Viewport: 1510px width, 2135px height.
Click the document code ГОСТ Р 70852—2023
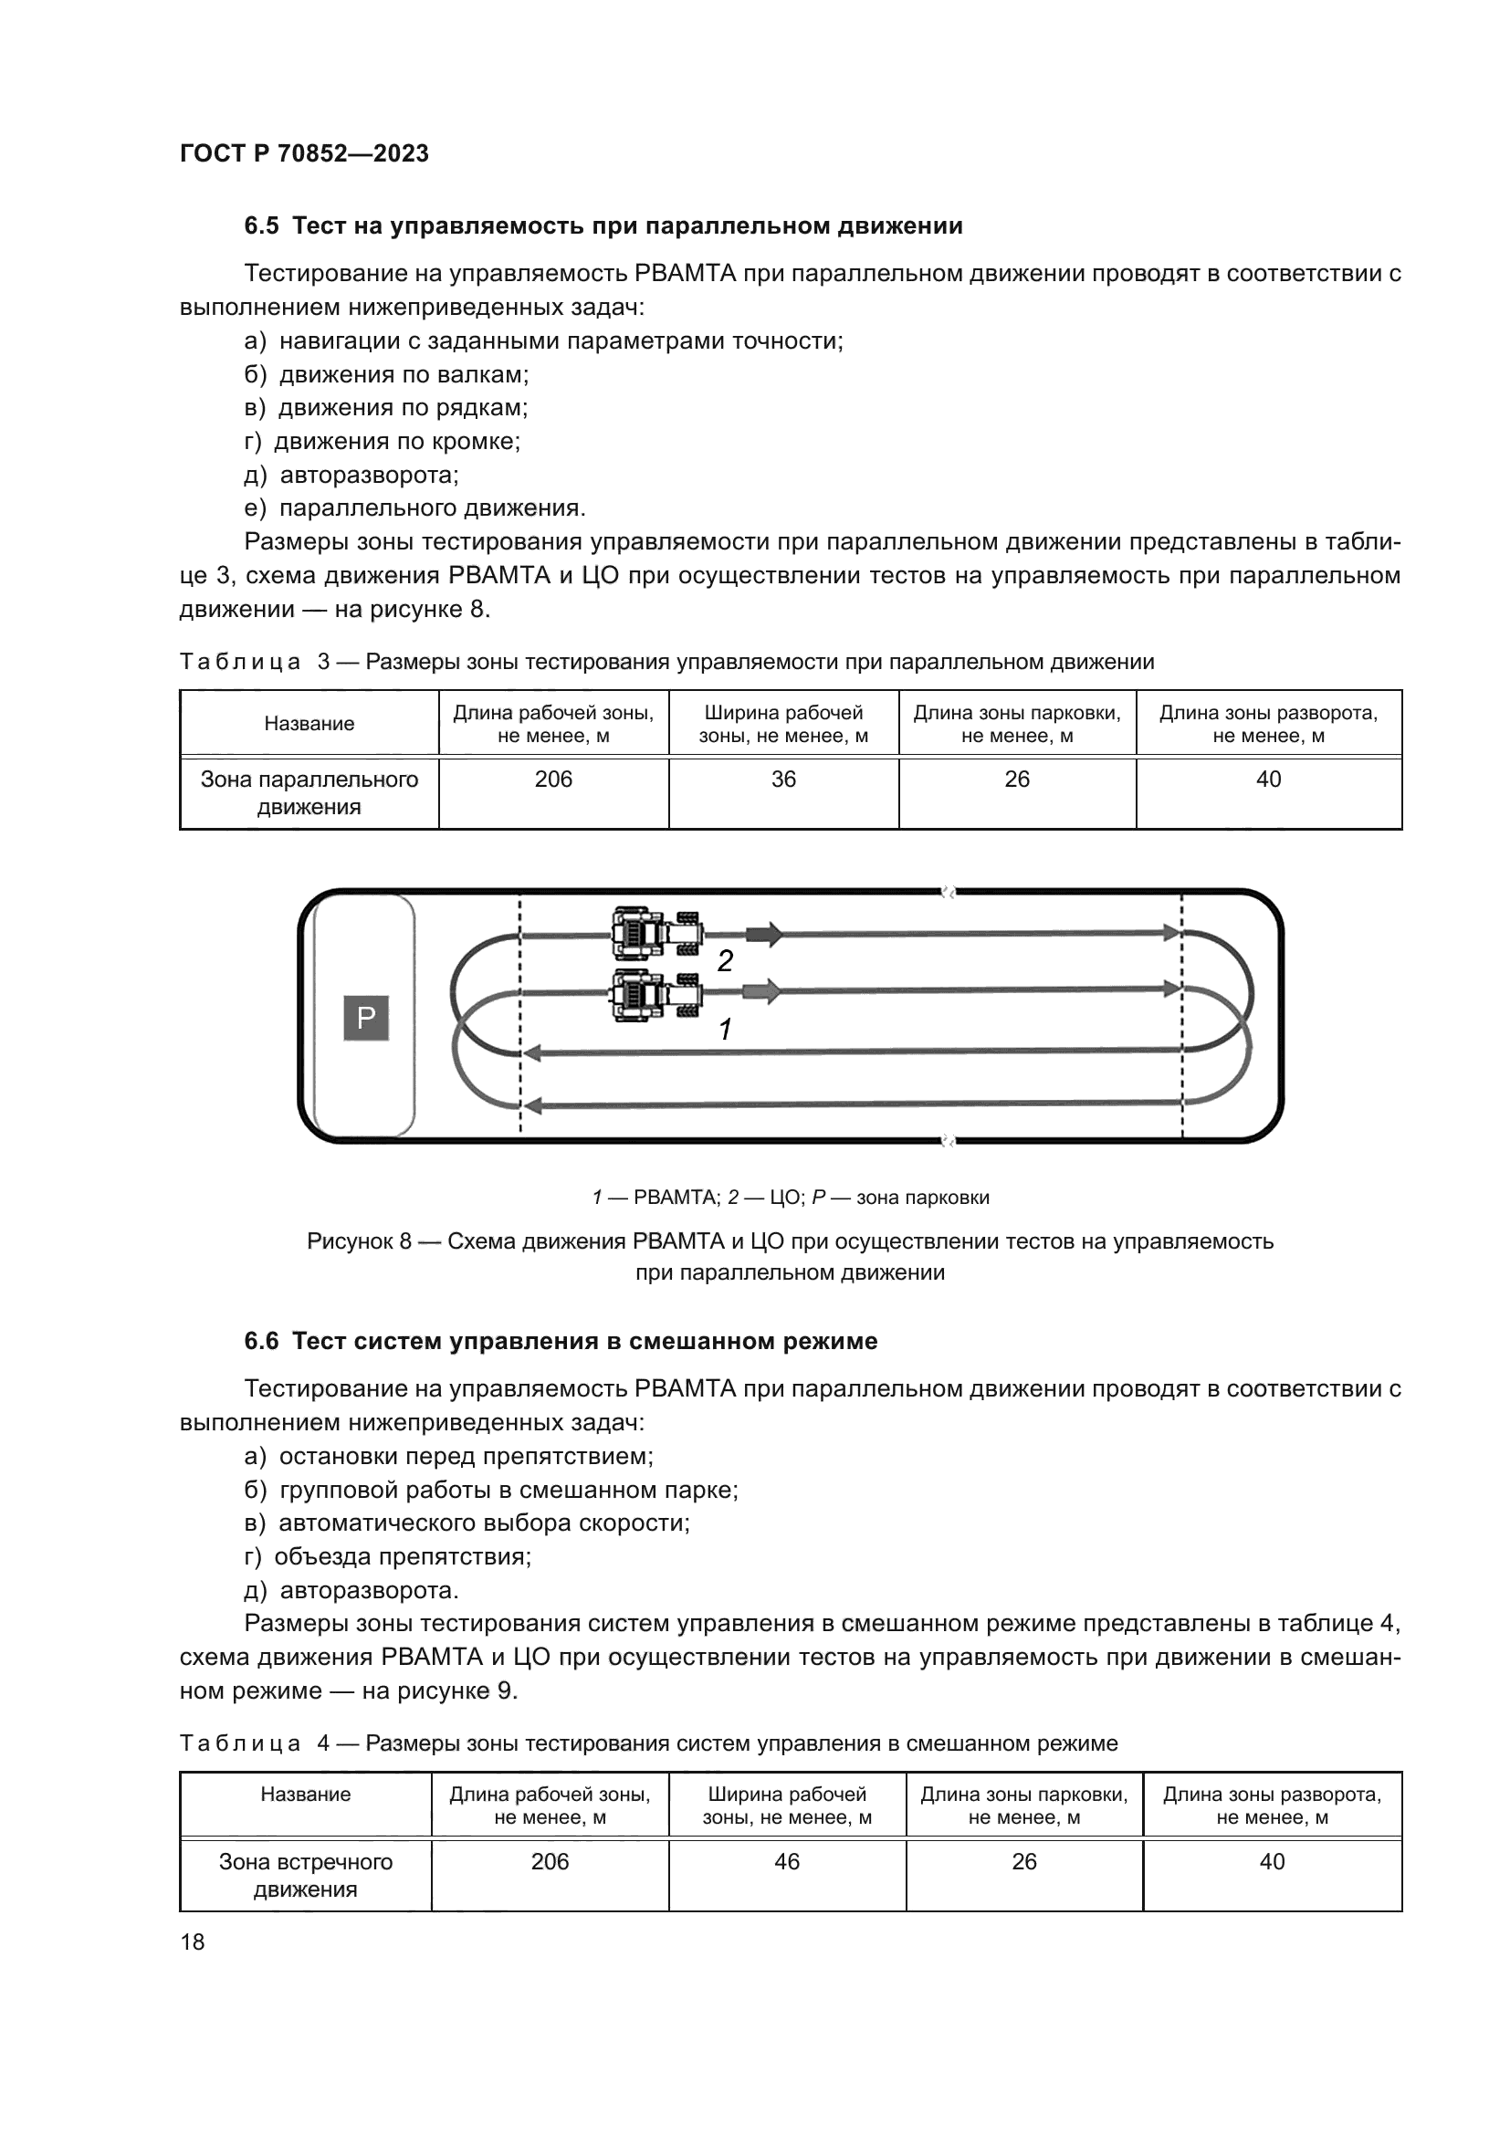(304, 153)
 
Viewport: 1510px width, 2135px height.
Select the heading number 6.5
(261, 226)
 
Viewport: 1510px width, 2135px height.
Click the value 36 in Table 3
(783, 780)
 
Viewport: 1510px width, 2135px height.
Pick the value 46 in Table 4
(787, 1861)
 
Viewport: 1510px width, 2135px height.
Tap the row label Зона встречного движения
(305, 1876)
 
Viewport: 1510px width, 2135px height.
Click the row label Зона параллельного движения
(309, 793)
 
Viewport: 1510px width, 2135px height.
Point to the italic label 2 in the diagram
(725, 960)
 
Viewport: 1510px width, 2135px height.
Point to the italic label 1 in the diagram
(725, 1030)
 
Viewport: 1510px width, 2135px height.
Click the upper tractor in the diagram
(655, 933)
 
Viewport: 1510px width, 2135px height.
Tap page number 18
(193, 1941)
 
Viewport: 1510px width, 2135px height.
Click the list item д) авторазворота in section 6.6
(351, 1590)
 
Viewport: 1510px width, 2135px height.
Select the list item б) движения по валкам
(386, 375)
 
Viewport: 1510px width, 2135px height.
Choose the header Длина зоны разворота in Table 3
(1267, 724)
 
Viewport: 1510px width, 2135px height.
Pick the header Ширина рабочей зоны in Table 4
(787, 1805)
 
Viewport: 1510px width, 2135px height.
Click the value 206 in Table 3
(553, 780)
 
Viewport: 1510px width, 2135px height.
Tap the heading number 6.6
(261, 1342)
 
